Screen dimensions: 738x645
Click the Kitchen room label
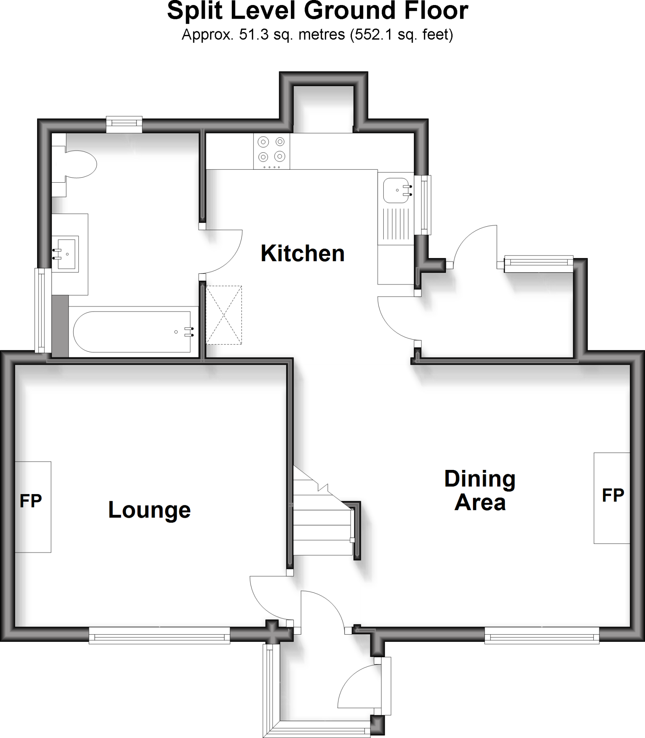[302, 254]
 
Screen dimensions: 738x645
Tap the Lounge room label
[149, 510]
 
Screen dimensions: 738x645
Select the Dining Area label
[480, 490]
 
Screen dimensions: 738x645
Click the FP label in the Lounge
[31, 501]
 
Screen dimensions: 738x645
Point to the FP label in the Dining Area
[613, 495]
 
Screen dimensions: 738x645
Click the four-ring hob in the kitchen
[271, 151]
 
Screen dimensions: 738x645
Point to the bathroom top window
[124, 124]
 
